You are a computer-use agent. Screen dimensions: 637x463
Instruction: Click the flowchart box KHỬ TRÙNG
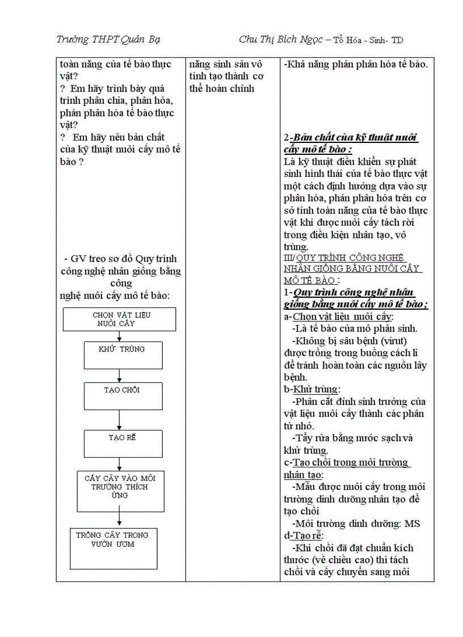tap(123, 355)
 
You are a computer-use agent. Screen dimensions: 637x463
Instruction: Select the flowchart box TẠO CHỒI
tap(123, 396)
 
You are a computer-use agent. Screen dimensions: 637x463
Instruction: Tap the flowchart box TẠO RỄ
tap(123, 444)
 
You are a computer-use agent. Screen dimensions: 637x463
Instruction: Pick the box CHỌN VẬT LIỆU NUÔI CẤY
tap(119, 319)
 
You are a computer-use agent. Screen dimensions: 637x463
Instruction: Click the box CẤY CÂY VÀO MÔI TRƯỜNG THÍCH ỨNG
tap(120, 491)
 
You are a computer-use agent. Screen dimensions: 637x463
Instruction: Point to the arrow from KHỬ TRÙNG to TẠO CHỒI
tap(120, 376)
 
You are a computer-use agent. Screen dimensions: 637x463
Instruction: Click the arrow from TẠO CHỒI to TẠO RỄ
tap(120, 420)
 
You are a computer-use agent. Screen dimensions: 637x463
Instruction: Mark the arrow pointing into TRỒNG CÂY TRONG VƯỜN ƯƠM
tap(120, 519)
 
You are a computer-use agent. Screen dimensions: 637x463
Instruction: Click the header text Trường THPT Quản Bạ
tap(108, 39)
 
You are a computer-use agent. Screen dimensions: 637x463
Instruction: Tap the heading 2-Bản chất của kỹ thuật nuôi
tap(350, 138)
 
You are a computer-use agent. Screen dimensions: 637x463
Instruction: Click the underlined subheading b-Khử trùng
tap(312, 389)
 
